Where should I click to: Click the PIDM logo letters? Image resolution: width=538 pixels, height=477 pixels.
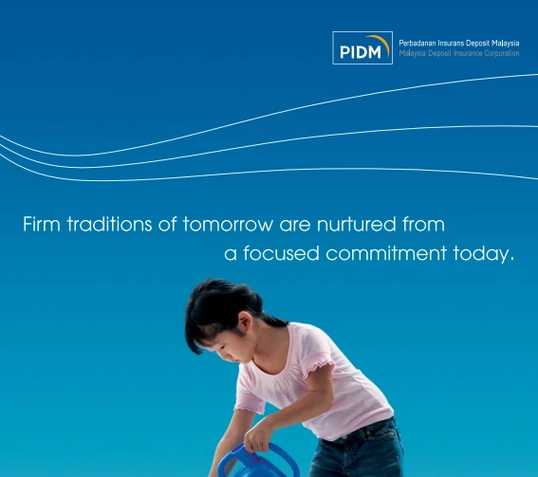tap(361, 52)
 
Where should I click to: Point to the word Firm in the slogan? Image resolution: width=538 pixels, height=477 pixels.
tap(42, 224)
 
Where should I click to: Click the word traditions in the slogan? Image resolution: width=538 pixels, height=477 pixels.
tap(109, 224)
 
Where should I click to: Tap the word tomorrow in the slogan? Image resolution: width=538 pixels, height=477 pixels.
tap(227, 225)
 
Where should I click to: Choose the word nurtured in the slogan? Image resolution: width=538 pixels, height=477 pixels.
tap(356, 224)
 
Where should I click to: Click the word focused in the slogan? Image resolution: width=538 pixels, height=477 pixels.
tap(281, 253)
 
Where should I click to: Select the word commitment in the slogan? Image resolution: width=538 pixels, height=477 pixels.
tap(386, 253)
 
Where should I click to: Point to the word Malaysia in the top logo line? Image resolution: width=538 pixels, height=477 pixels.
tap(506, 44)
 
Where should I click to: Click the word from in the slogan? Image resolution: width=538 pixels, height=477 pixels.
tap(424, 224)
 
